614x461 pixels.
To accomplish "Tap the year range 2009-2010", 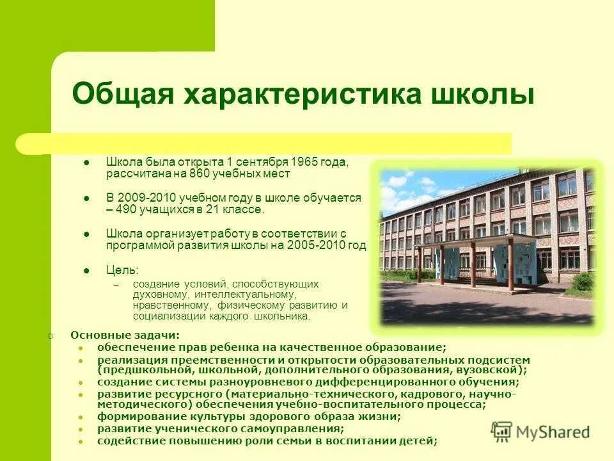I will (x=145, y=198).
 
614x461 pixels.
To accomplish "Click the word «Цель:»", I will (x=122, y=270).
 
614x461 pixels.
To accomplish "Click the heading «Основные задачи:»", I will (x=125, y=335).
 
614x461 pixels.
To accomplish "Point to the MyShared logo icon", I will (x=502, y=431).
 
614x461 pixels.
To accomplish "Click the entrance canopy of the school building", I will (x=476, y=247).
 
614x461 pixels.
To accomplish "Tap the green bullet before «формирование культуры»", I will (x=81, y=417).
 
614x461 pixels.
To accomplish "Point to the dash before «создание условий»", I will (x=116, y=284).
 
